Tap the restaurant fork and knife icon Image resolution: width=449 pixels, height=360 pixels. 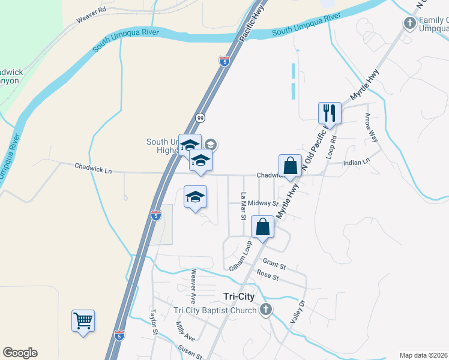tap(330, 112)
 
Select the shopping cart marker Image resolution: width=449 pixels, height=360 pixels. tap(83, 321)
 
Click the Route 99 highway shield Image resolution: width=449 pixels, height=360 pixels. tap(200, 118)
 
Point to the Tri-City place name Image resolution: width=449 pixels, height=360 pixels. tap(239, 296)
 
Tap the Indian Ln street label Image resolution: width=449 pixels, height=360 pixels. tap(357, 163)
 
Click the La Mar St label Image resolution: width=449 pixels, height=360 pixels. tap(244, 206)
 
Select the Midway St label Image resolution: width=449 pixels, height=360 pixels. tap(263, 203)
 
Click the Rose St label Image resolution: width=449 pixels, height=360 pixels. tap(268, 277)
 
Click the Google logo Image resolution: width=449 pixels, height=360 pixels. tap(20, 353)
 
